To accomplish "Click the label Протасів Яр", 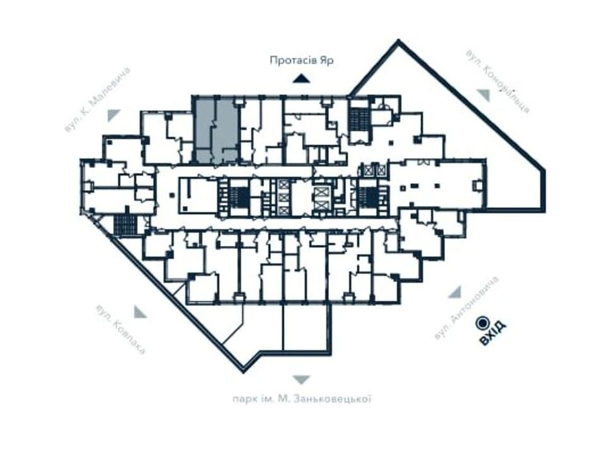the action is (302, 61).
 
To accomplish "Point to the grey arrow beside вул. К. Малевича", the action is (113, 115).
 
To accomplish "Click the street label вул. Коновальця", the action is (498, 82).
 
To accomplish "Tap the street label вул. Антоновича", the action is (466, 308).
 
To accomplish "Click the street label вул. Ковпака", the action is (121, 329).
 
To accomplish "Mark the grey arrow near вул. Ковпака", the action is (140, 312).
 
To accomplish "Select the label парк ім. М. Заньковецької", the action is (302, 399).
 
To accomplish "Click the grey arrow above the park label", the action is (302, 380).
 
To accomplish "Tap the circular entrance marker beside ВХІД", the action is (483, 323).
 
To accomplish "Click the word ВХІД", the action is (492, 332).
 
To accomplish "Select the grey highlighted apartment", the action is (216, 131).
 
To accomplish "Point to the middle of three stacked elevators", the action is (283, 198).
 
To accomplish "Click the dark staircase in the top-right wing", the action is (360, 119).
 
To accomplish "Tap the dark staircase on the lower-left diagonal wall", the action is (125, 225).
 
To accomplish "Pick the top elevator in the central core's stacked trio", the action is (283, 185).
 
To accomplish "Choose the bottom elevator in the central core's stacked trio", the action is (283, 210).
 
